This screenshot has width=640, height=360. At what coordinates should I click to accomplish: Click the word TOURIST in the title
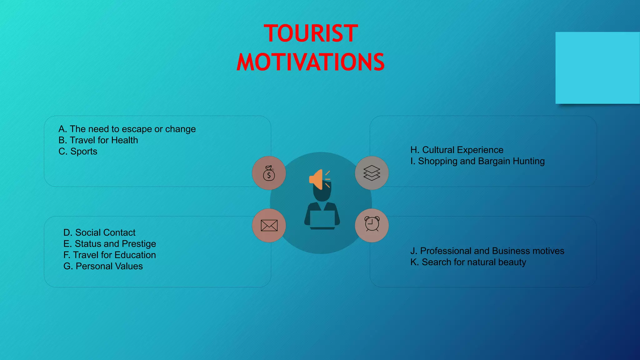coord(311,33)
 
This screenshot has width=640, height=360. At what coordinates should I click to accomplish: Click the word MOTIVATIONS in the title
coord(311,62)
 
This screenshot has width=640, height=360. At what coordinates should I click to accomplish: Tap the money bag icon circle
coord(269,173)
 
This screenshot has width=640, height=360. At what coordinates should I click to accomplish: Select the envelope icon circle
coord(269,225)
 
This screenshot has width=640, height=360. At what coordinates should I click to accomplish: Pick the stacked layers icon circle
coord(372,173)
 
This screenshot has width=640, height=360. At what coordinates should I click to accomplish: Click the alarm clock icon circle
coord(372,225)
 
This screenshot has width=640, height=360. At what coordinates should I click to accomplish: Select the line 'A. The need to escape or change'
coord(127,129)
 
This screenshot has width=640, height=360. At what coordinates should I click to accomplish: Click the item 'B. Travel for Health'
coord(98,140)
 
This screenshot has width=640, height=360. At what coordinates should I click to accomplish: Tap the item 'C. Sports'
coord(78,152)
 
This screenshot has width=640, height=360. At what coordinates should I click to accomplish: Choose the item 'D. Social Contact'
coord(99,232)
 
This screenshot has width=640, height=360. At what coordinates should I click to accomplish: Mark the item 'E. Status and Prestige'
coord(109,244)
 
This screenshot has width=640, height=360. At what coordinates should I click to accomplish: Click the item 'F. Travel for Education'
coord(109,255)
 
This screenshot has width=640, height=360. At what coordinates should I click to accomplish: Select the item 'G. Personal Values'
coord(103,266)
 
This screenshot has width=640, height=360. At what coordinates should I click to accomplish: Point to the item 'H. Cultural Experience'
coord(457,150)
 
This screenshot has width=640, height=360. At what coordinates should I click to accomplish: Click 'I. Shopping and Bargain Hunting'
coord(477,161)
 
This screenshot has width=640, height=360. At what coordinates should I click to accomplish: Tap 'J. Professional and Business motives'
coord(487,251)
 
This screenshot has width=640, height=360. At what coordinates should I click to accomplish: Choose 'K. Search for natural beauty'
coord(468,262)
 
